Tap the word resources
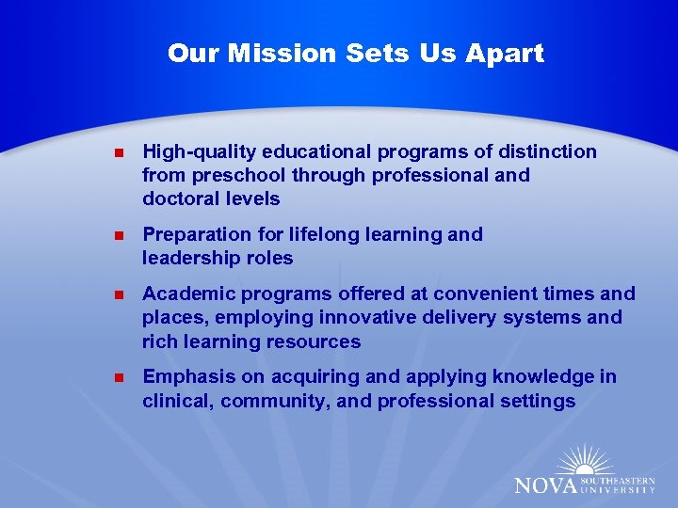[315, 341]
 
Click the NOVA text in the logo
[543, 484]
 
